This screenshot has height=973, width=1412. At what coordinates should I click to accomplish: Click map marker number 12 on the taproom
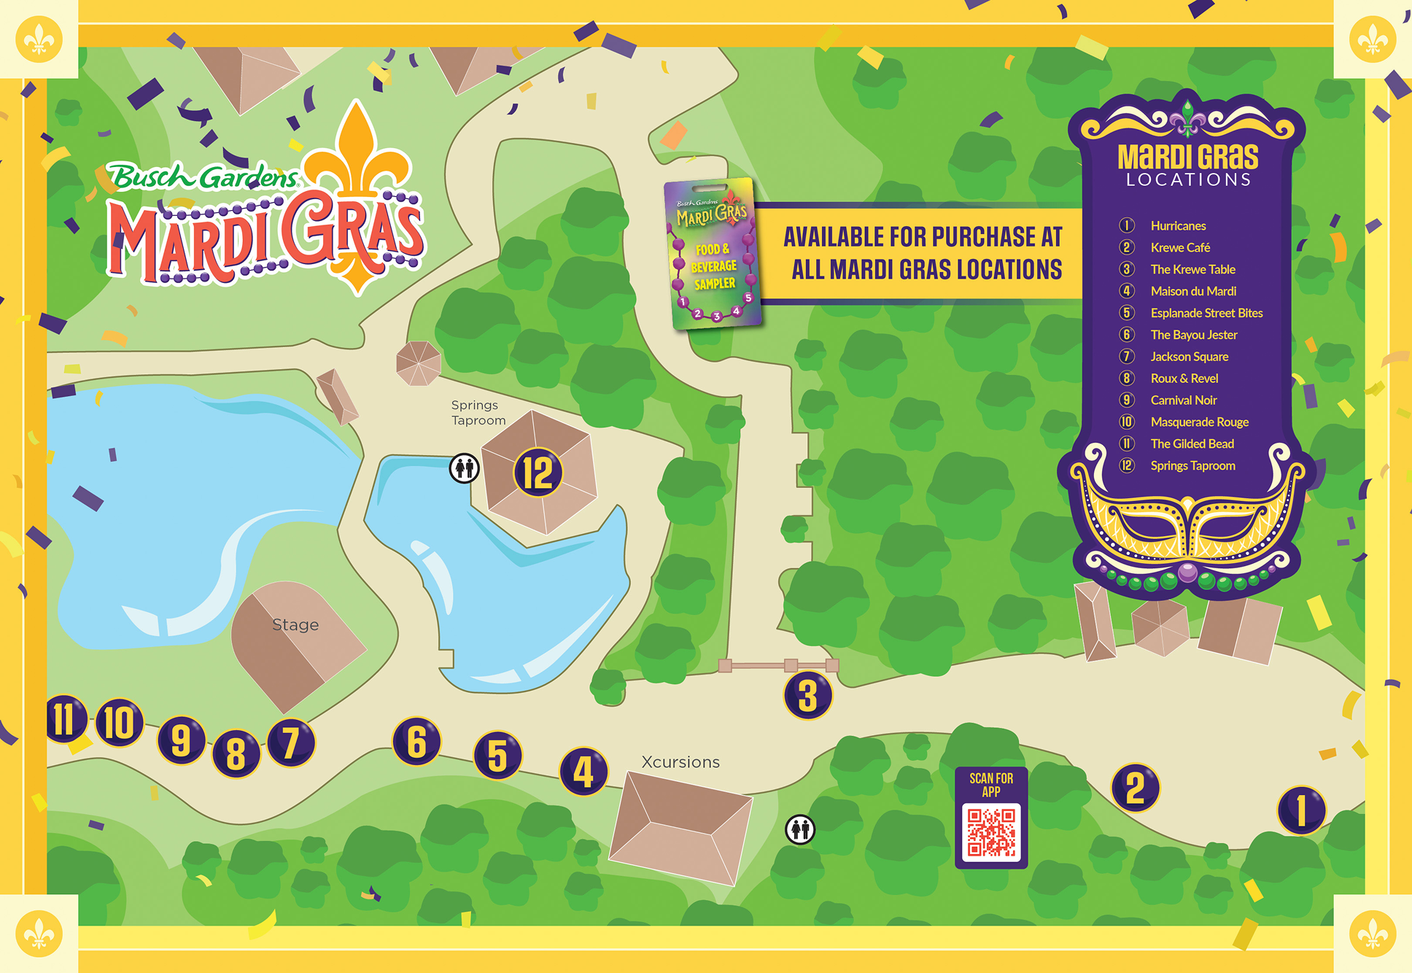pos(538,473)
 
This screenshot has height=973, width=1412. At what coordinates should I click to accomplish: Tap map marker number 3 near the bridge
pos(807,695)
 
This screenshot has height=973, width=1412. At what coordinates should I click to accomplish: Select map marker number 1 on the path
pos(1301,810)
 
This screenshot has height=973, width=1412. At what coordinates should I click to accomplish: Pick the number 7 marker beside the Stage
pos(291,743)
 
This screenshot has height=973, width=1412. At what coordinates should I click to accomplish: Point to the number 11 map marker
pos(66,718)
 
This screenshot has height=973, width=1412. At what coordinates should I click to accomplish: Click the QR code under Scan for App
pos(991,831)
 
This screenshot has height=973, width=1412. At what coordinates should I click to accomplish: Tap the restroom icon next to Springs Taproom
pos(465,468)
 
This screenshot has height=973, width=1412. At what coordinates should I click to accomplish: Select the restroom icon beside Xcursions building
pos(800,829)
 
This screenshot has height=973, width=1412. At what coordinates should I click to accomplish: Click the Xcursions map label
pos(680,762)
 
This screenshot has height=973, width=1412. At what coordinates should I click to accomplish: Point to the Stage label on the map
pos(295,625)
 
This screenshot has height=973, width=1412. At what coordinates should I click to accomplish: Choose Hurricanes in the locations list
pos(1178,226)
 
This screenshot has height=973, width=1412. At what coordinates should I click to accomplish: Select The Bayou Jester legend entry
pos(1194,335)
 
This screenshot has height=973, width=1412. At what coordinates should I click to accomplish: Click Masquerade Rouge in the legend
pos(1199,422)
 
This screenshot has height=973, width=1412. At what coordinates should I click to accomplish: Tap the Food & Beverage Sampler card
pos(713,254)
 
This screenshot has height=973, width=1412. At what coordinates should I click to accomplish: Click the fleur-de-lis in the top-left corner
pos(39,39)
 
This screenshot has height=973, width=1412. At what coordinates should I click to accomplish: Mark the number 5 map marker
pos(497,755)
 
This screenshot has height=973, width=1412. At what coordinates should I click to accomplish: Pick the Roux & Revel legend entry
pos(1184,379)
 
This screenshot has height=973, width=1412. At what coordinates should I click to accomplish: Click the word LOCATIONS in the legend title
pos(1188,180)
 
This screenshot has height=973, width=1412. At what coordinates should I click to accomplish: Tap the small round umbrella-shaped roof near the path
pos(419,363)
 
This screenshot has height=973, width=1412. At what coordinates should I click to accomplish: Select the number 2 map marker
pos(1135,788)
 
